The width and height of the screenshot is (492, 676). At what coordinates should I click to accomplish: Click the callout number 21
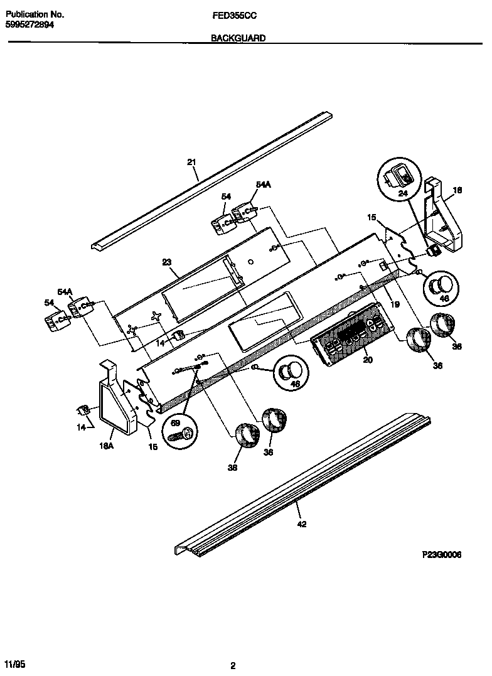pyautogui.click(x=192, y=162)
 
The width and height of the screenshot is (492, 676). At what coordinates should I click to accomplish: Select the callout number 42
pyautogui.click(x=302, y=525)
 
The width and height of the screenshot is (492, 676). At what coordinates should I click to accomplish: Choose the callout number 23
pyautogui.click(x=166, y=263)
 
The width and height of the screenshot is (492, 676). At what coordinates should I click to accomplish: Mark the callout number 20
pyautogui.click(x=368, y=360)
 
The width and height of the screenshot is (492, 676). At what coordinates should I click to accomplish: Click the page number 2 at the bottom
pyautogui.click(x=233, y=665)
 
